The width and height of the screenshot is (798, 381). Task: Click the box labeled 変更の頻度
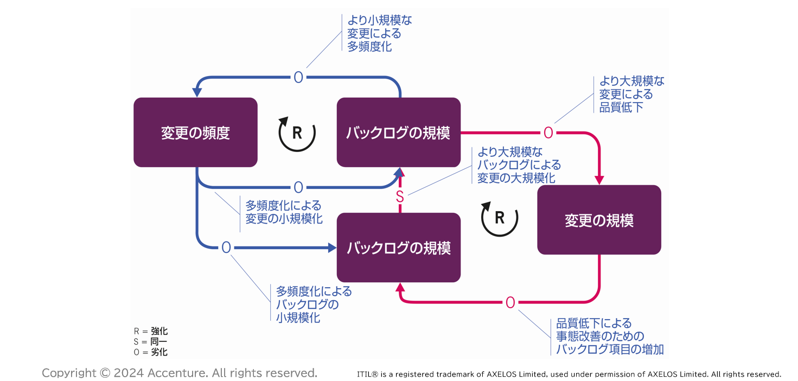click(195, 132)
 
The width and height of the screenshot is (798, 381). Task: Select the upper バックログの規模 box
click(398, 132)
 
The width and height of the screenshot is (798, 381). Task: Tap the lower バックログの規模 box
click(398, 247)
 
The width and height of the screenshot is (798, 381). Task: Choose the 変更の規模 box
click(599, 220)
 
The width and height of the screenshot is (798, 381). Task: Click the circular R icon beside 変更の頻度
click(297, 133)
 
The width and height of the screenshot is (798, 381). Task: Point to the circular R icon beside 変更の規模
click(500, 218)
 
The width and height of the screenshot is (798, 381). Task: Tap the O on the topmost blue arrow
click(298, 78)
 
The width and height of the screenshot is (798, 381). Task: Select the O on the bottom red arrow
click(510, 303)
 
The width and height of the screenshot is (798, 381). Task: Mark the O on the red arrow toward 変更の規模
click(548, 132)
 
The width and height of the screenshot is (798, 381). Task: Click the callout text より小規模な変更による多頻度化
click(379, 34)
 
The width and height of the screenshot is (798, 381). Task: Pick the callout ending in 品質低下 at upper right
click(631, 94)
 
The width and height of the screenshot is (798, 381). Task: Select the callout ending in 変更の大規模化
click(519, 164)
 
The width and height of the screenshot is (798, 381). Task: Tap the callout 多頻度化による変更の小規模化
click(284, 212)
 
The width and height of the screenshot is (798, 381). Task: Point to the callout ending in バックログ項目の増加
click(609, 336)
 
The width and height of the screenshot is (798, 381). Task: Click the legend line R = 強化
click(151, 331)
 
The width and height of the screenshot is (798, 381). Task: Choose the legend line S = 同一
click(151, 341)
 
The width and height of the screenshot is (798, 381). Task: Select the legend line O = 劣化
click(151, 352)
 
